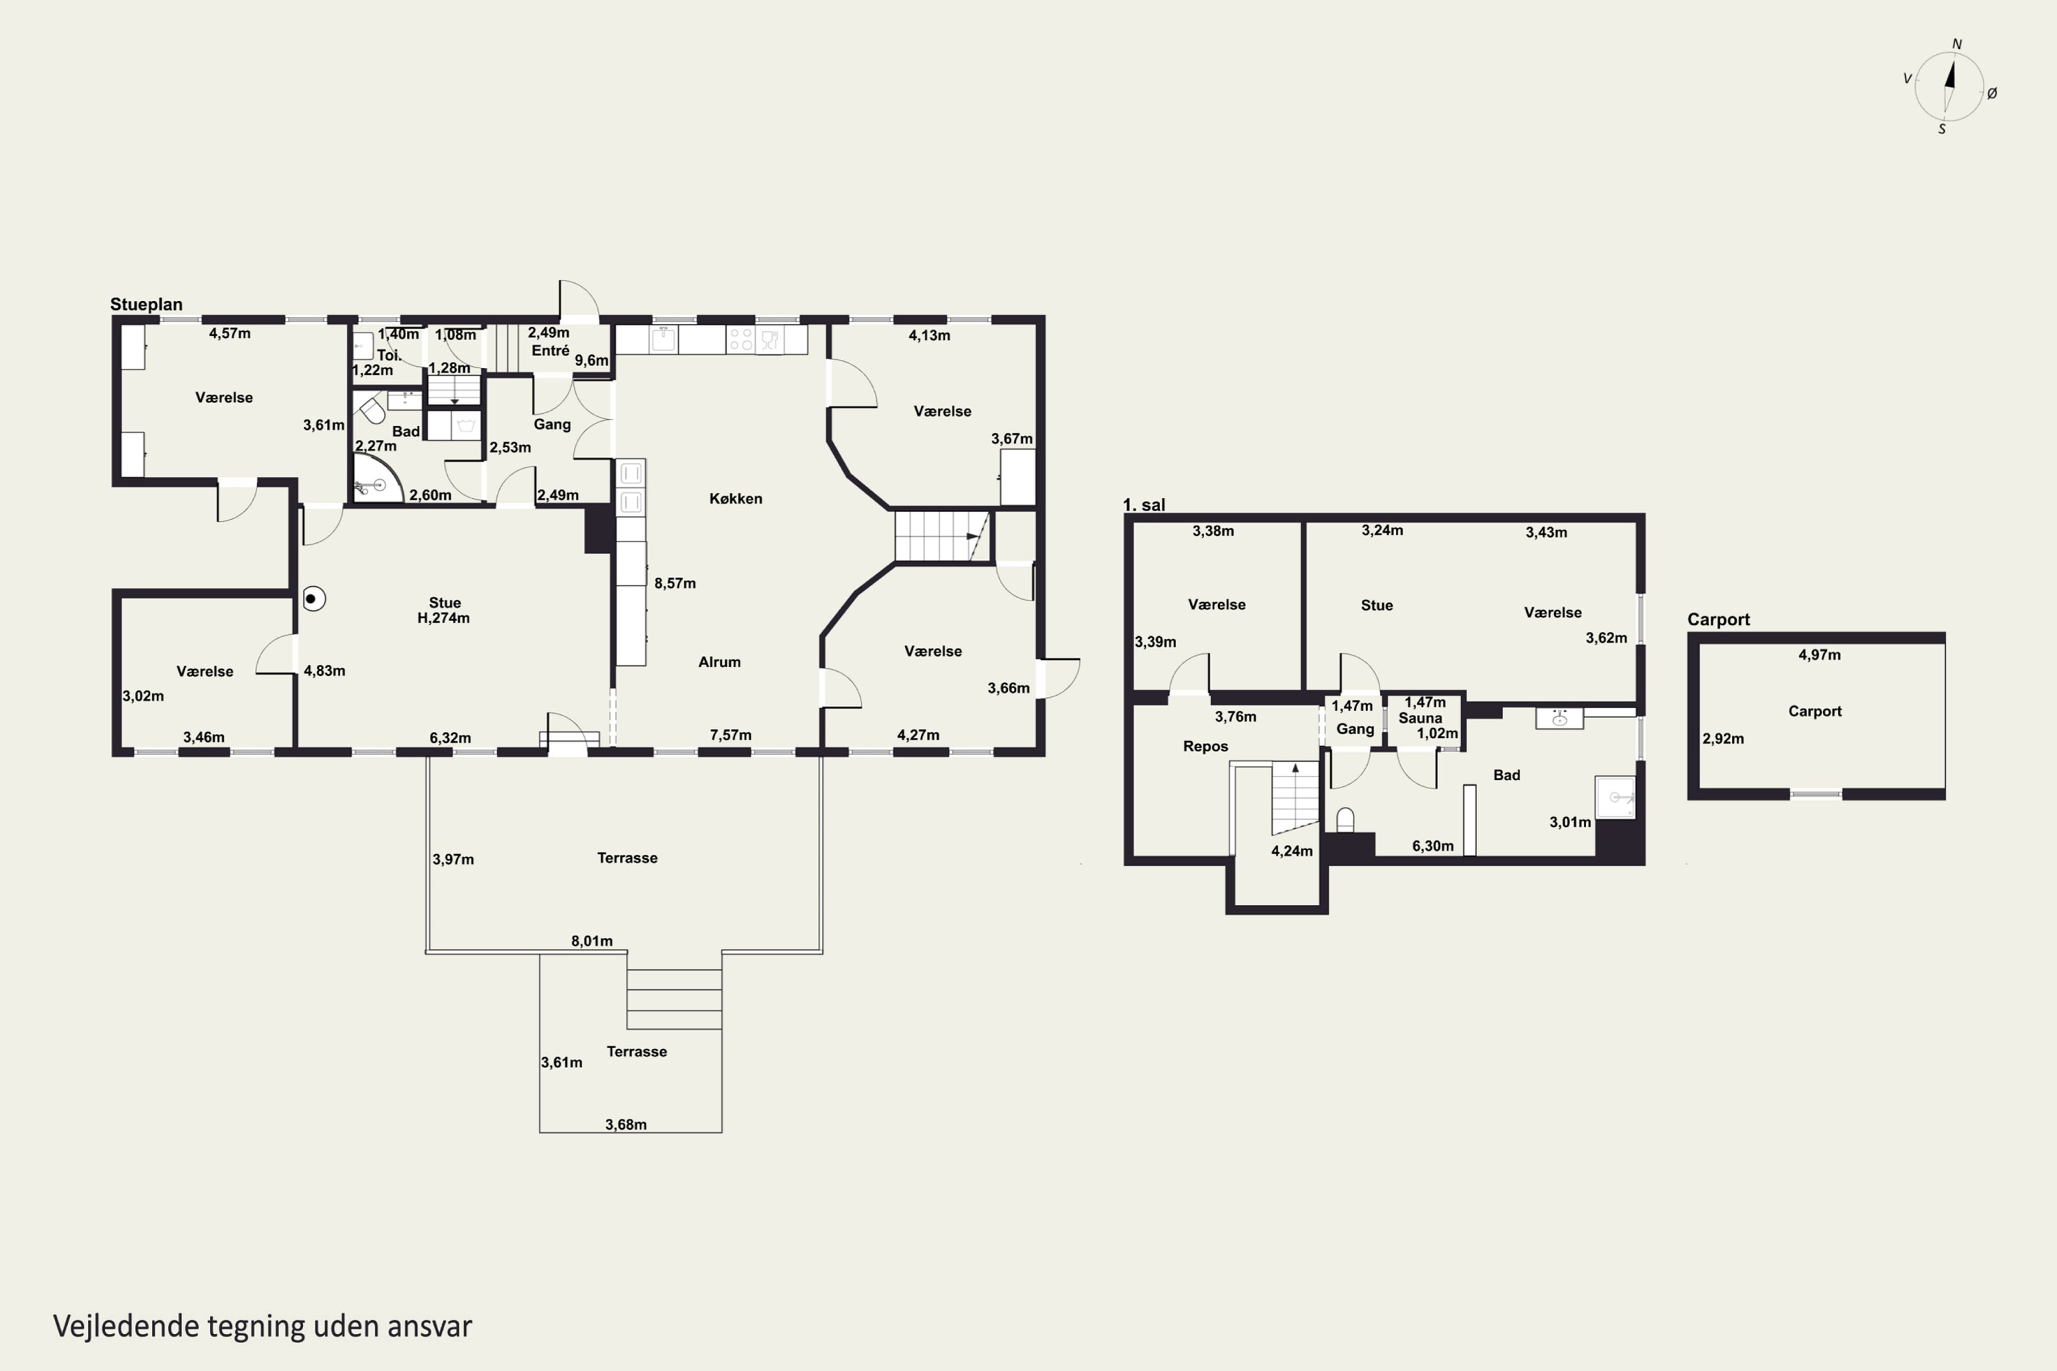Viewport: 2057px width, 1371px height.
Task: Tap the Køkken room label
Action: pos(736,498)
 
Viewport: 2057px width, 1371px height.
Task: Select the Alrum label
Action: pos(719,662)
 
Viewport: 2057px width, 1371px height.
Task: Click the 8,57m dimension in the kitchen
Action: pos(674,583)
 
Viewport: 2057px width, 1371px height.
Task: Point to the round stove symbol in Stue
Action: pos(314,599)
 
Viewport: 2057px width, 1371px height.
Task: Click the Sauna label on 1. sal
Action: pos(1420,718)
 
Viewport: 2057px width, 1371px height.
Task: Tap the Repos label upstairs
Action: pos(1205,746)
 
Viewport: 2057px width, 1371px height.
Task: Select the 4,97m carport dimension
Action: pos(1819,655)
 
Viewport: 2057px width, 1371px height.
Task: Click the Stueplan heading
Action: pos(146,304)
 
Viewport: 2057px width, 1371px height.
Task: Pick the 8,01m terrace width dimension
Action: pos(592,941)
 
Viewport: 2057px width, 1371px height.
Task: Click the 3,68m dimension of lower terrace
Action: pos(626,1124)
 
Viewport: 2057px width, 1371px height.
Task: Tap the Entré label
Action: pos(550,350)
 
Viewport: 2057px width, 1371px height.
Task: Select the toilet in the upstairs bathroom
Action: pos(1345,820)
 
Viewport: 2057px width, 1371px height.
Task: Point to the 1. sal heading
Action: pos(1144,505)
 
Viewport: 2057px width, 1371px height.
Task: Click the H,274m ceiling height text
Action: pos(444,618)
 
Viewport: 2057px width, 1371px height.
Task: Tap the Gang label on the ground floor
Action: pos(552,424)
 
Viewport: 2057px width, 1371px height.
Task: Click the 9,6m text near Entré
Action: pos(591,361)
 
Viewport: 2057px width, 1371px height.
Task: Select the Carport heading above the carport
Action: pos(1718,619)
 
